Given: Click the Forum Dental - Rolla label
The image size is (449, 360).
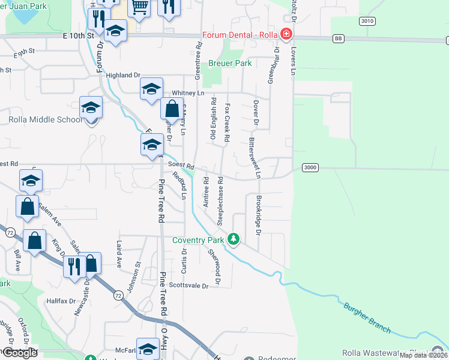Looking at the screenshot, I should (x=240, y=34).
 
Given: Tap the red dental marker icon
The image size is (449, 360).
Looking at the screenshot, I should (x=288, y=33).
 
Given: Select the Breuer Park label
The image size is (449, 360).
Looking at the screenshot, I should (x=230, y=63).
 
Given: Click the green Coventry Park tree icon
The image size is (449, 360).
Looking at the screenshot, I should (x=234, y=240).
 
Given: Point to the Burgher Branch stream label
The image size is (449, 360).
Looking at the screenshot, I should (x=367, y=318).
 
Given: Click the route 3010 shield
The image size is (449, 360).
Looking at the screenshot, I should (x=367, y=21).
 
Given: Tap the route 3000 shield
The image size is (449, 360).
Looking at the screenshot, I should (x=310, y=167).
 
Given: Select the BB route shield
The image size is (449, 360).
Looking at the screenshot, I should (x=339, y=38).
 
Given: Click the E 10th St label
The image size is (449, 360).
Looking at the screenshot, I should (x=79, y=36).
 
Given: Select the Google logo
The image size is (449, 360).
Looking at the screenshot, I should (x=20, y=353).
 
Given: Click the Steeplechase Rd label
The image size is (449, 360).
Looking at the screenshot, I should (x=220, y=200).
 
